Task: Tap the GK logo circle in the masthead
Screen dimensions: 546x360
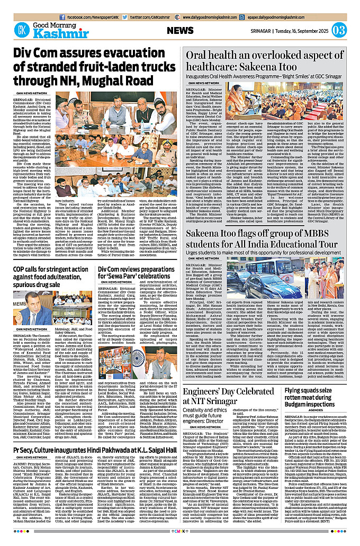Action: tap(22, 30)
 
